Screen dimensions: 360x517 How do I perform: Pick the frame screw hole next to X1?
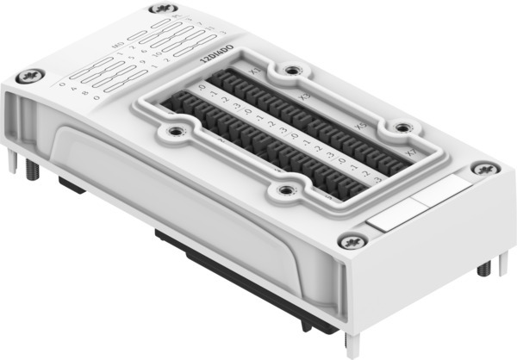pyautogui.click(x=291, y=70)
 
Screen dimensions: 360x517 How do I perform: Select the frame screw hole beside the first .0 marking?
pyautogui.click(x=176, y=131)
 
